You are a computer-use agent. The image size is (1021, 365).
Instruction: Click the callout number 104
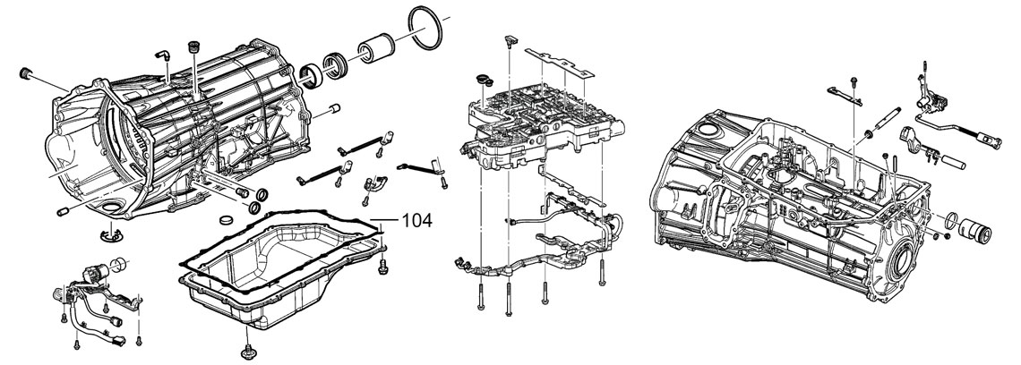point(415,218)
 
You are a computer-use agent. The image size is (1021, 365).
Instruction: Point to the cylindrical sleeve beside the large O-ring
point(376,49)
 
